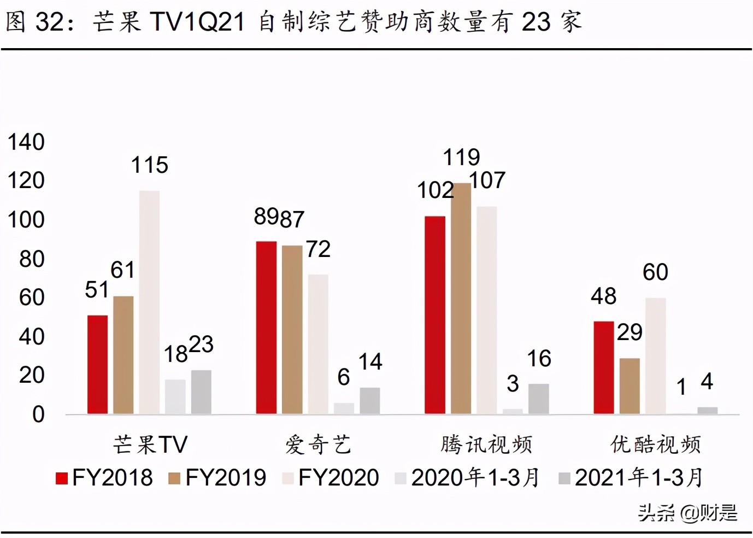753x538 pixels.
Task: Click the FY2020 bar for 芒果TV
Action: click(149, 302)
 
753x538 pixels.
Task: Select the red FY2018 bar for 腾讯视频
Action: click(435, 315)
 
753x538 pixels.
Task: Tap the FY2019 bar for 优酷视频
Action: click(630, 386)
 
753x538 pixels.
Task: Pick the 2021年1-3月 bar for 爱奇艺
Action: click(370, 401)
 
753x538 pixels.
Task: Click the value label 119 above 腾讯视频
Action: click(461, 157)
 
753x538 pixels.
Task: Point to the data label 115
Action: click(149, 165)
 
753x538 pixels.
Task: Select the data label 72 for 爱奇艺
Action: click(318, 249)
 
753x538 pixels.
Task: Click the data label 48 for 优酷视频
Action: click(603, 296)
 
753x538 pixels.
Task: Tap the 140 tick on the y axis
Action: click(26, 142)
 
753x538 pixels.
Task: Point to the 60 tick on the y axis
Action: click(31, 297)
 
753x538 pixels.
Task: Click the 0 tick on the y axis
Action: click(38, 414)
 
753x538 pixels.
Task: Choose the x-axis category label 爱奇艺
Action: click(318, 445)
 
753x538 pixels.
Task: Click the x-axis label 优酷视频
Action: click(655, 445)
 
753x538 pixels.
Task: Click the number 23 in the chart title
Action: click(536, 22)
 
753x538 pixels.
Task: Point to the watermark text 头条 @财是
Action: click(687, 513)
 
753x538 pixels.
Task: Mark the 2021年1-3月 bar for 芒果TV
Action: click(201, 392)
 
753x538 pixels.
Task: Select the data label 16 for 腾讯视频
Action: click(539, 359)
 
